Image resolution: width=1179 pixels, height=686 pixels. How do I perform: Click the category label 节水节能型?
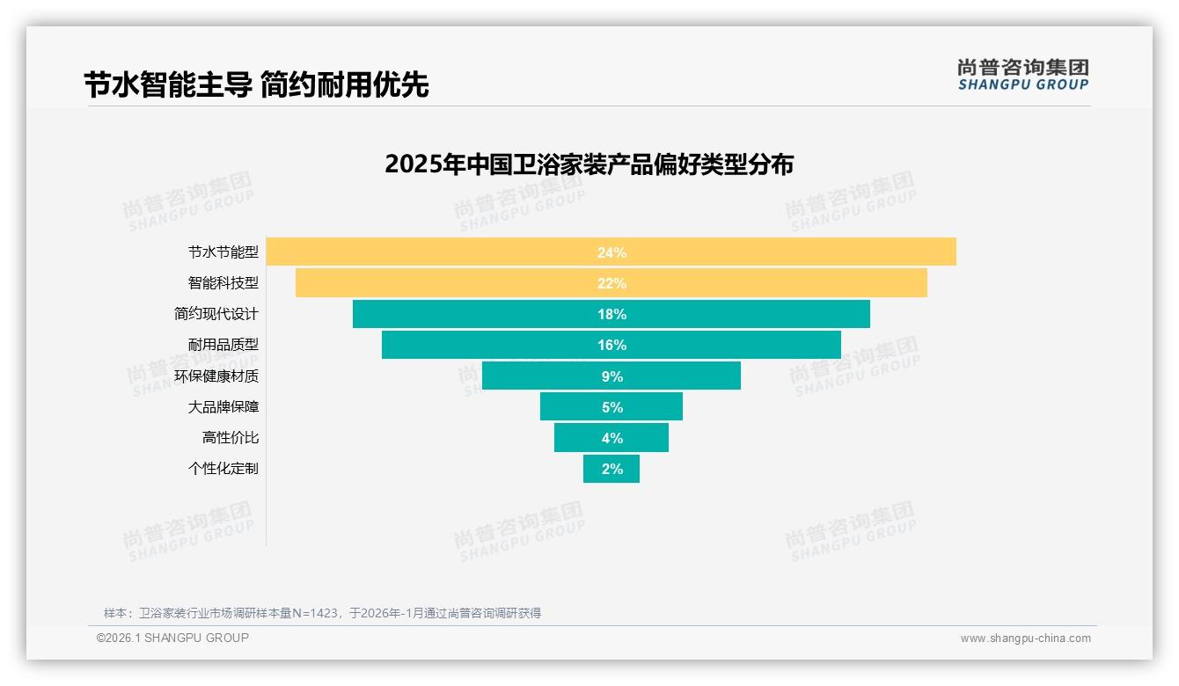point(223,252)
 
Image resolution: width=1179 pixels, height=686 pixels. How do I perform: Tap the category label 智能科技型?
point(223,283)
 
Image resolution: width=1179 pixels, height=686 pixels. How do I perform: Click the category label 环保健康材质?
point(216,376)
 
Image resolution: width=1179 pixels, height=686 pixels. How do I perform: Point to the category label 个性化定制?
point(223,469)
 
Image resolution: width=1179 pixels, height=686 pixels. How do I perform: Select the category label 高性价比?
point(231,437)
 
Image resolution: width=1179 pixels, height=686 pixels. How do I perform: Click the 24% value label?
point(611,252)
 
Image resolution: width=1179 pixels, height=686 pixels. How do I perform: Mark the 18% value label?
point(611,314)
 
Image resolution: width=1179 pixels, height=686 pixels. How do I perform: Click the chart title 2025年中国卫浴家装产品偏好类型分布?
point(589,164)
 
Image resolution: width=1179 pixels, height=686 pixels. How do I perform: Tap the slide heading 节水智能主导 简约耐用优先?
point(256,85)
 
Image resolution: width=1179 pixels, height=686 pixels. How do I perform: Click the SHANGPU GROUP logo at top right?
point(1022,75)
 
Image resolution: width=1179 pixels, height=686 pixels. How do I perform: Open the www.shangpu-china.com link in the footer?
point(1025,639)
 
